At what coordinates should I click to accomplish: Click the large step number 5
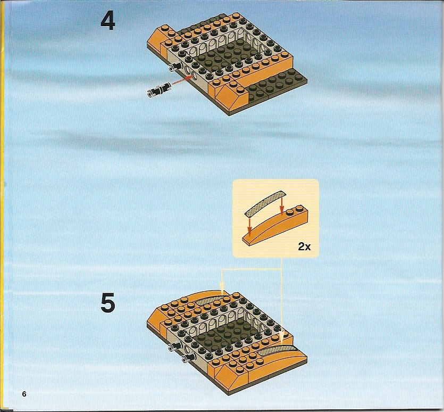(108, 302)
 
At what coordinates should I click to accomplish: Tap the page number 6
(24, 394)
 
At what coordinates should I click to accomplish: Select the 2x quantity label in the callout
(304, 246)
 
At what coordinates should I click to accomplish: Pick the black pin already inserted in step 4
(175, 67)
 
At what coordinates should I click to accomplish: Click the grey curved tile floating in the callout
(265, 202)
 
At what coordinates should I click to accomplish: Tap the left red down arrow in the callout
(249, 225)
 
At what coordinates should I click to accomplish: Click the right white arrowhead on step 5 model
(281, 337)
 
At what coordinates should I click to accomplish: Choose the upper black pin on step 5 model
(175, 347)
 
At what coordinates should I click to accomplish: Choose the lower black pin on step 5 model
(188, 358)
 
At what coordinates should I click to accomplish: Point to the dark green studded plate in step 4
(276, 85)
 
